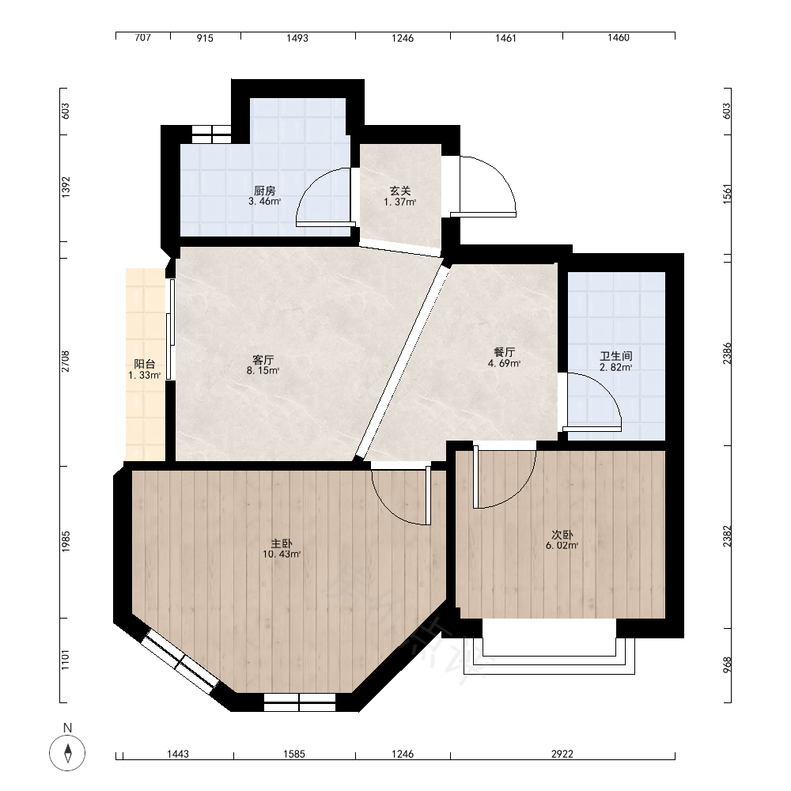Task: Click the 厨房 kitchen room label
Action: click(265, 191)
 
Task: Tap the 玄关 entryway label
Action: click(400, 191)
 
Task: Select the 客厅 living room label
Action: click(263, 360)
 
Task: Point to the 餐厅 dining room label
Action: click(504, 352)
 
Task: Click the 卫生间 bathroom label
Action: click(616, 356)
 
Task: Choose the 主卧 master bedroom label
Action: click(282, 543)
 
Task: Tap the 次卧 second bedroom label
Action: click(562, 535)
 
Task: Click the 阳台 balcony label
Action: click(144, 364)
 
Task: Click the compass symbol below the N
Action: click(67, 753)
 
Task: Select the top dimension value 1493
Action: click(297, 38)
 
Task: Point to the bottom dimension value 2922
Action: click(562, 754)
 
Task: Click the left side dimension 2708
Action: click(66, 361)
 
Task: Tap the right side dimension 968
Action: click(726, 665)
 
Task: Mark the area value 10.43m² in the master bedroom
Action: click(282, 554)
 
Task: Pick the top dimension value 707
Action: click(142, 38)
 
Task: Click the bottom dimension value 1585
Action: click(294, 754)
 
